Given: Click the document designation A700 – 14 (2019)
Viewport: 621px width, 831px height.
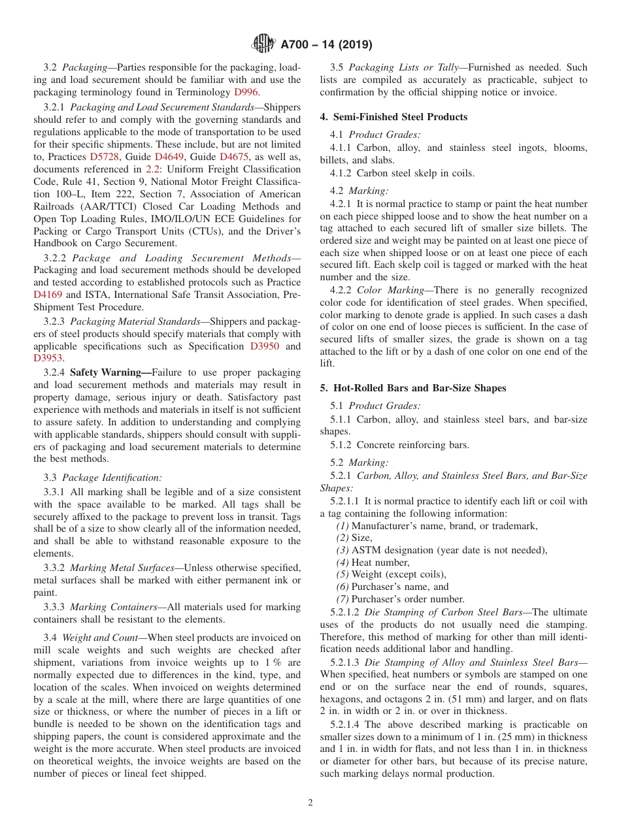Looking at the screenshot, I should point(326,45).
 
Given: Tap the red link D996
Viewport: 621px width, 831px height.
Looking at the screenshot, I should point(246,92).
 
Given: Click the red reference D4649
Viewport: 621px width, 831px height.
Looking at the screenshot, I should point(170,157).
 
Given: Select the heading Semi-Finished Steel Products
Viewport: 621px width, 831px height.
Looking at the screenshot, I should point(400,117).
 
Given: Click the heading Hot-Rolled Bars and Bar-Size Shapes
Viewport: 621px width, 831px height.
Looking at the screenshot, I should point(419,388).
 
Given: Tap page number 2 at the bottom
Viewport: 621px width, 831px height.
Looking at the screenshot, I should point(310,803).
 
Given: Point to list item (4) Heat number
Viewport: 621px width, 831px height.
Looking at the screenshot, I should point(373,562).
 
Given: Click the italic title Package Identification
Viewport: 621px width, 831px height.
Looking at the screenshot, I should point(112,478).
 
